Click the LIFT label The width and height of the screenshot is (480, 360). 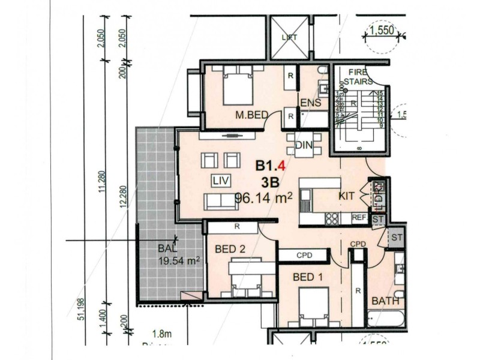289,37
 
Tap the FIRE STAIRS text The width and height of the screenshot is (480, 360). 358,76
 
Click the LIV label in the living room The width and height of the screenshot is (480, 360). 220,180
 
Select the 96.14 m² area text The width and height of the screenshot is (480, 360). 263,197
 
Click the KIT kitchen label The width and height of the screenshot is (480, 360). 347,195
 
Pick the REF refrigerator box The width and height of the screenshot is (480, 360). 359,218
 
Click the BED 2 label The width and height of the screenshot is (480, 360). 229,248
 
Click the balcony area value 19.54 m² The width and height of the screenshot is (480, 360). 179,260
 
